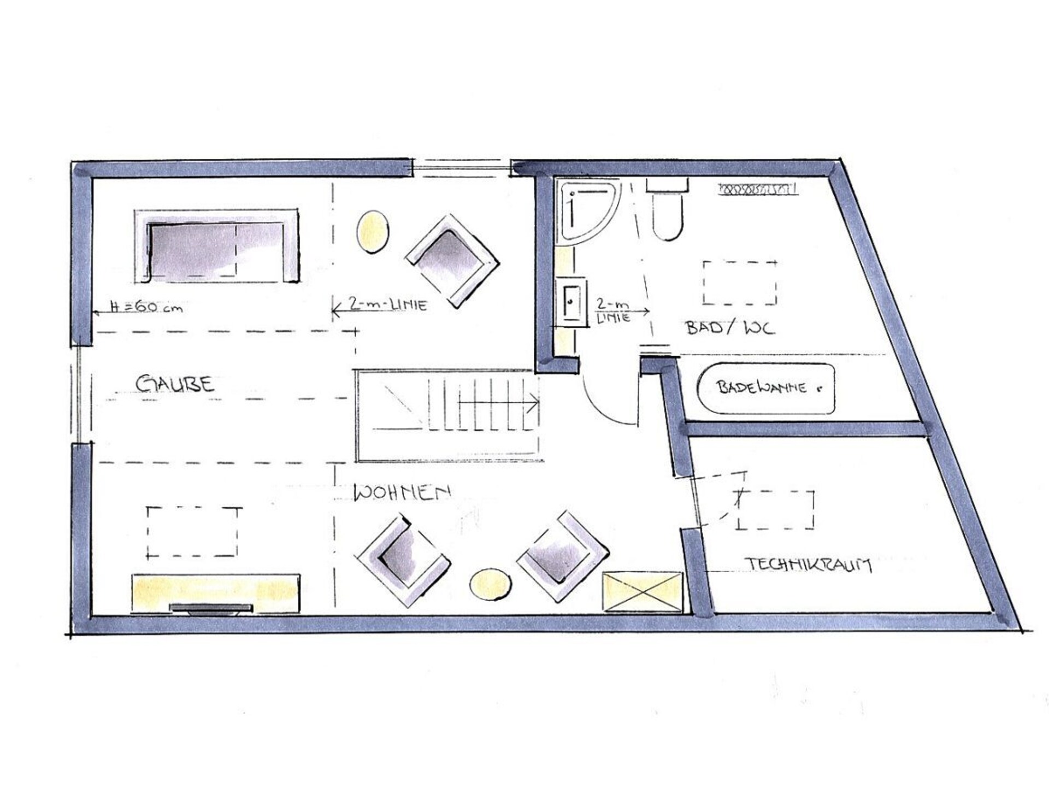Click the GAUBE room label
tap(175, 384)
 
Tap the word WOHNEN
tap(402, 492)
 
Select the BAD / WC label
tap(729, 327)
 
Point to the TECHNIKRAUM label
tap(809, 565)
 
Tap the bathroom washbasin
tap(571, 302)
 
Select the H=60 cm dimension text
tap(146, 307)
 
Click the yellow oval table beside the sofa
tap(373, 232)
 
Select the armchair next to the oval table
tap(452, 261)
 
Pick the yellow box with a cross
tap(643, 592)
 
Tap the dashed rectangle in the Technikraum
tap(776, 510)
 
